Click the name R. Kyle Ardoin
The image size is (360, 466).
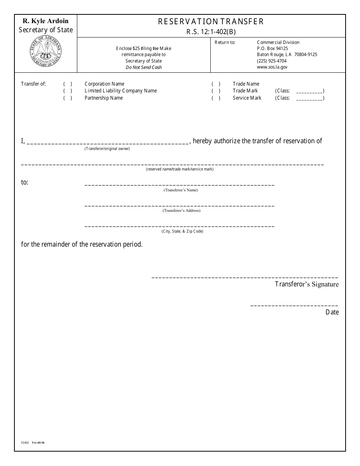click(x=45, y=21)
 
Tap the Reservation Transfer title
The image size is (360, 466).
click(x=211, y=22)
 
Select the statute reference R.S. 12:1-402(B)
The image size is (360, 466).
click(x=211, y=32)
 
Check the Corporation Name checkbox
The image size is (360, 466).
click(x=68, y=84)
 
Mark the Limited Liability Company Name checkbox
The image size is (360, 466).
click(x=68, y=91)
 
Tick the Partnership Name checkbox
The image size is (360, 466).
click(x=68, y=98)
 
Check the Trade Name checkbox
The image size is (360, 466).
click(x=216, y=84)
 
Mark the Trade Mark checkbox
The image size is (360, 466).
click(x=216, y=91)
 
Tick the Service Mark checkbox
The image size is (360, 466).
click(x=216, y=98)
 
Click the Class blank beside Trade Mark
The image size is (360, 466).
click(x=309, y=91)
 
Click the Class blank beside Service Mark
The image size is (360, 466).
click(x=309, y=99)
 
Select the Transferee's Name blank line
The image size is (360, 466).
click(x=179, y=184)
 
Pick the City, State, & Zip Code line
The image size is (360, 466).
click(x=179, y=225)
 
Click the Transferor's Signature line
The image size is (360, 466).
click(x=245, y=277)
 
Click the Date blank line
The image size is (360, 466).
click(x=294, y=305)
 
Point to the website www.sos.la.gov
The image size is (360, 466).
click(x=272, y=67)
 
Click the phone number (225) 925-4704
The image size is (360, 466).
click(x=272, y=61)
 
